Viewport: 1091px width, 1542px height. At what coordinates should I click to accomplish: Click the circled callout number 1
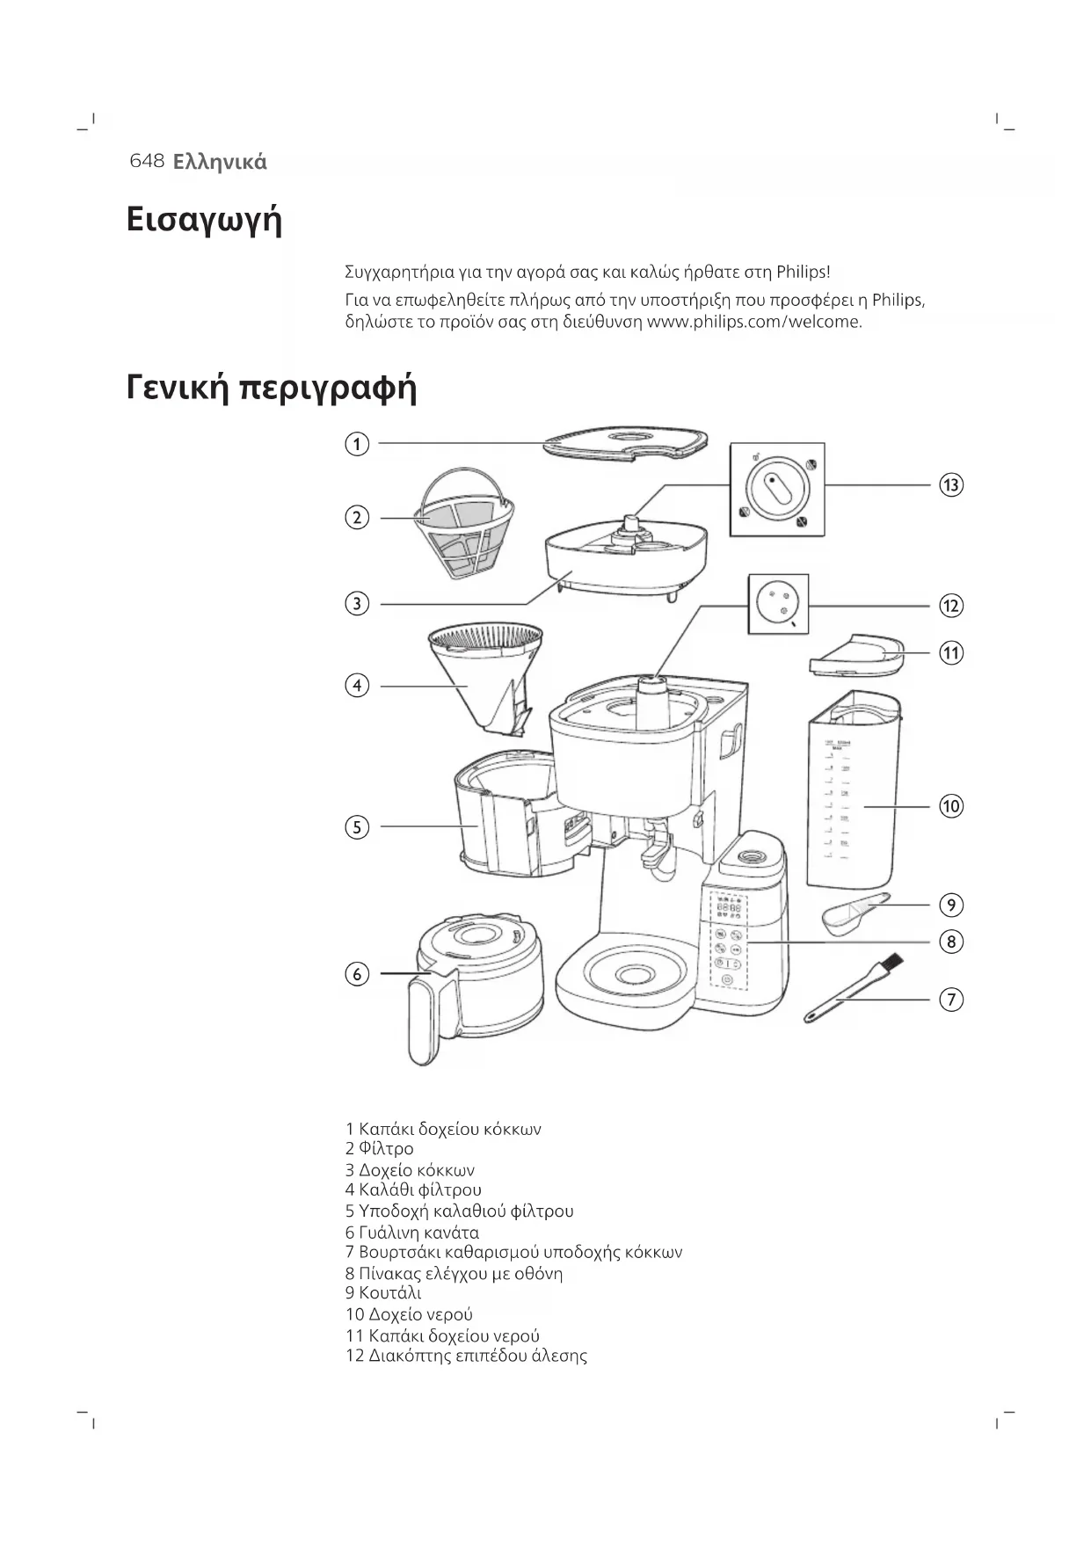(x=357, y=444)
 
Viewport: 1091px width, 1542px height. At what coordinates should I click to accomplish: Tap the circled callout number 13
(x=950, y=484)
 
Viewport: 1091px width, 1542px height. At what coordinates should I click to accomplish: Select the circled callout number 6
(x=357, y=974)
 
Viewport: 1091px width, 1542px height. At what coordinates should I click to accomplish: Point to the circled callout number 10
(x=950, y=806)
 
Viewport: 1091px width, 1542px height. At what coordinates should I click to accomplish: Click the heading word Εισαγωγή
(x=204, y=219)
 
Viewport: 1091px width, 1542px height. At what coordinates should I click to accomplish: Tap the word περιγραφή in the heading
(x=328, y=388)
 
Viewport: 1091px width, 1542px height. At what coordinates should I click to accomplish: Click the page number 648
(x=147, y=161)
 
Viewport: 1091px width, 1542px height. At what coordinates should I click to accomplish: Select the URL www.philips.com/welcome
(x=753, y=322)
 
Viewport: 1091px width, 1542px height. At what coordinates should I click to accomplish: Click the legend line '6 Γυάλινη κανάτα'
(x=412, y=1233)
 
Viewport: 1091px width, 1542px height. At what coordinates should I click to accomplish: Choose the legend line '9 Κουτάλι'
(x=383, y=1293)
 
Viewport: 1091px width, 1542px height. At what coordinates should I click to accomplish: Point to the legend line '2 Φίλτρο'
(x=379, y=1149)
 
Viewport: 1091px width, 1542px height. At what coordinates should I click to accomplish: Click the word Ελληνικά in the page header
(x=220, y=162)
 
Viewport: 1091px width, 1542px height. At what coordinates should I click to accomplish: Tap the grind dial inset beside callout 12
(x=777, y=604)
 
